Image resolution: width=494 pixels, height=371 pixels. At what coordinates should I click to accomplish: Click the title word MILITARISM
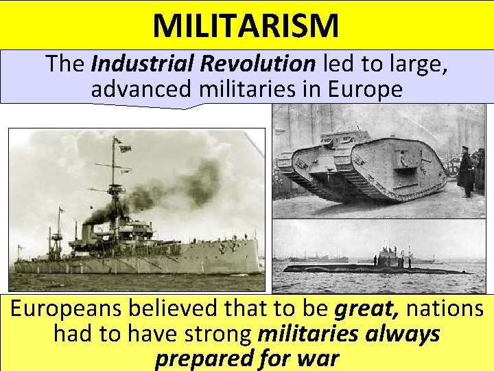(246, 25)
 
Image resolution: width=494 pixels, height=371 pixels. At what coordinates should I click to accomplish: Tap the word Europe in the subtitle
(368, 89)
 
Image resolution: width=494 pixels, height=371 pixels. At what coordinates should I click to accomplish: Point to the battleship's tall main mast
(113, 172)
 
